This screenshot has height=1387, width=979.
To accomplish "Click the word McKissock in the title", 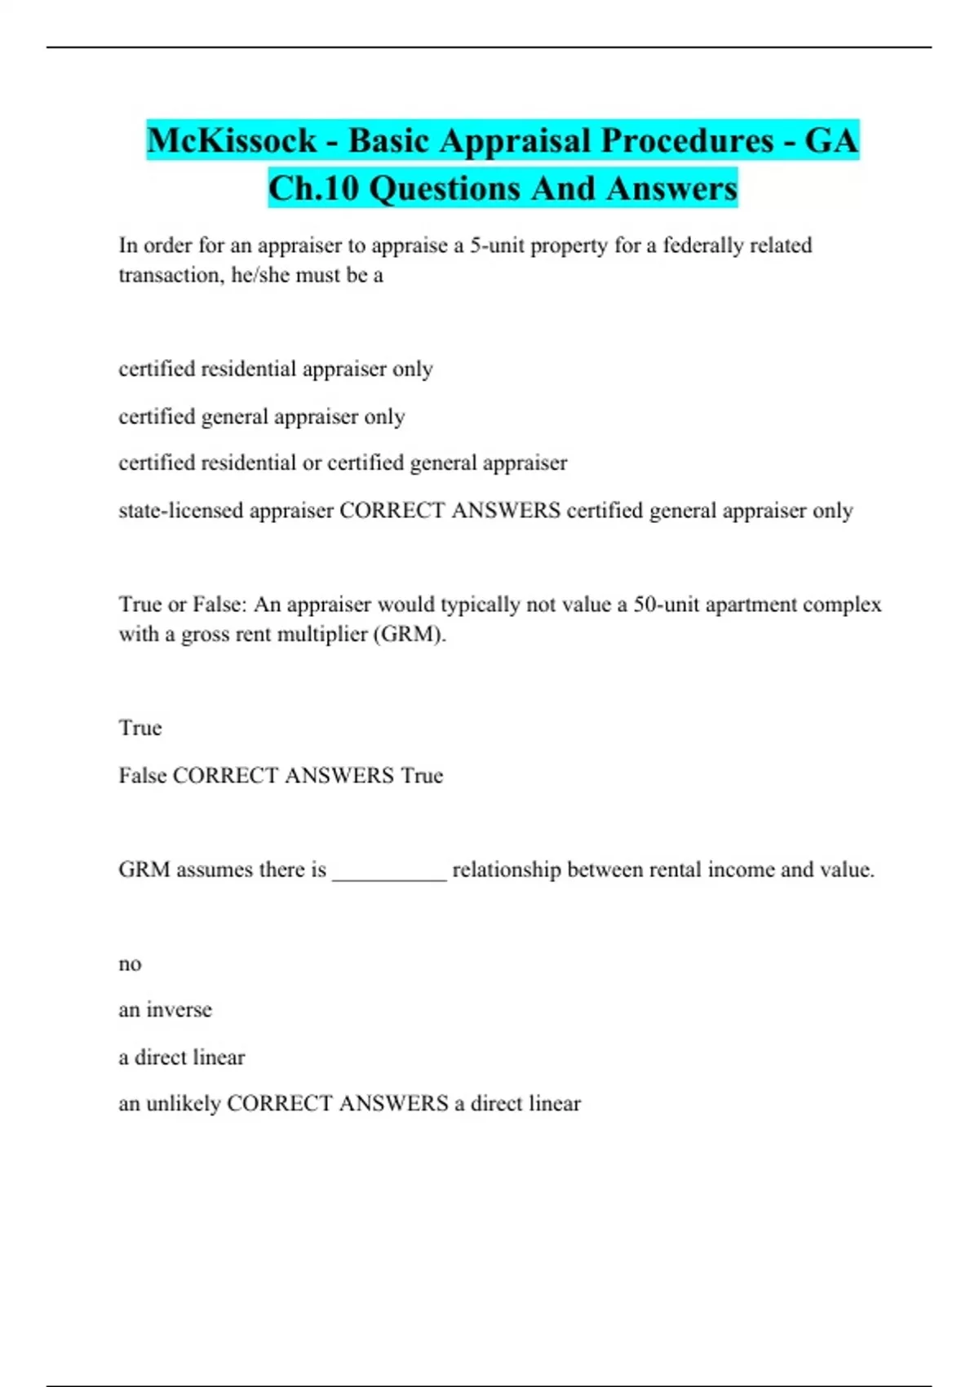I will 232,140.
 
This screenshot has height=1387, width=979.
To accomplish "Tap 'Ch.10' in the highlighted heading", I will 313,188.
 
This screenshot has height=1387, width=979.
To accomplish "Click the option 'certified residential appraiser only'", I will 276,369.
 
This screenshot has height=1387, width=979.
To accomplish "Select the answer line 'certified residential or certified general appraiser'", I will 343,463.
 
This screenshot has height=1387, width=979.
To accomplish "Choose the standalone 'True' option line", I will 140,728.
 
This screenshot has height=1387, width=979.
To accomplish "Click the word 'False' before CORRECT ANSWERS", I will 142,775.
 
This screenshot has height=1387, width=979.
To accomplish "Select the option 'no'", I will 130,964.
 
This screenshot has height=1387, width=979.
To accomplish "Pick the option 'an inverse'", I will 165,1010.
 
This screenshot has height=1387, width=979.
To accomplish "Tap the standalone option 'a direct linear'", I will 181,1057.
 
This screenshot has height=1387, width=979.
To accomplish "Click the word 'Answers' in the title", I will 671,188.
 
